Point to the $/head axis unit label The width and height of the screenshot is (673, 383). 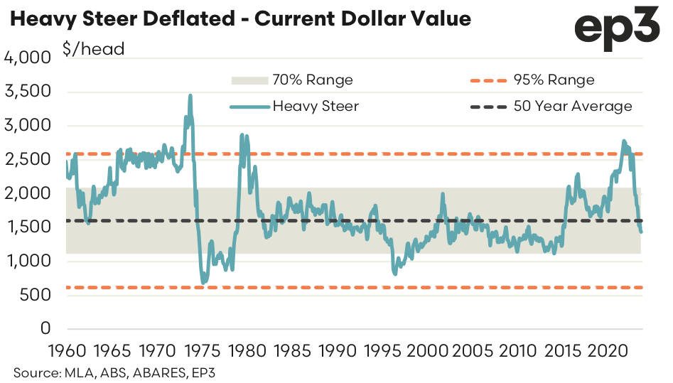95,49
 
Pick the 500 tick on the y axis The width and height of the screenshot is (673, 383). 36,296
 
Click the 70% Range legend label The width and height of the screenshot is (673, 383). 313,80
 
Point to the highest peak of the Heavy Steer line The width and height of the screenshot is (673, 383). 190,95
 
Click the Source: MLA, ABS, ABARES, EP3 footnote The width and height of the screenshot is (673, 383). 119,372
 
